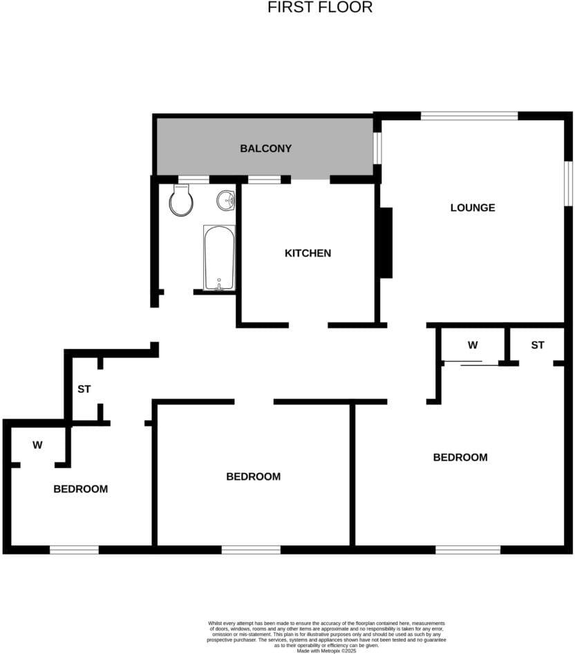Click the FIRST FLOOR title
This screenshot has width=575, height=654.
(320, 8)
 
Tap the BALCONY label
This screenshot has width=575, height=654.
(265, 149)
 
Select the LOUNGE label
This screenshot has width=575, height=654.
(473, 207)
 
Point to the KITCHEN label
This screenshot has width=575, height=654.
(308, 253)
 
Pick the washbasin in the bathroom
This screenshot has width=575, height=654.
(226, 200)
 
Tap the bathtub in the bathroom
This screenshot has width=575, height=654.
(220, 257)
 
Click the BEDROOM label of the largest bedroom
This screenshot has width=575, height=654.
(460, 457)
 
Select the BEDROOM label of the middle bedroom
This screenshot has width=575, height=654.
(254, 476)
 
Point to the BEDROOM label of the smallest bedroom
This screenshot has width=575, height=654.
(81, 489)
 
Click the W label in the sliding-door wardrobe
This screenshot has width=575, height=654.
(473, 344)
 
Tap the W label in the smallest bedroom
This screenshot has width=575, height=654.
(37, 445)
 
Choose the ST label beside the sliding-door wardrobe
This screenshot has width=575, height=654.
(538, 344)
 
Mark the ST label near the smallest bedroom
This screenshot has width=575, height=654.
(84, 389)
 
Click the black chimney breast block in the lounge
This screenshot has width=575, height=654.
(386, 243)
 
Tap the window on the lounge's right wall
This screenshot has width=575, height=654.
(569, 183)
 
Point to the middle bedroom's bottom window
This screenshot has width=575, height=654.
(251, 550)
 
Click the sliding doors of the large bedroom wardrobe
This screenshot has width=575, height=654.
(469, 363)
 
